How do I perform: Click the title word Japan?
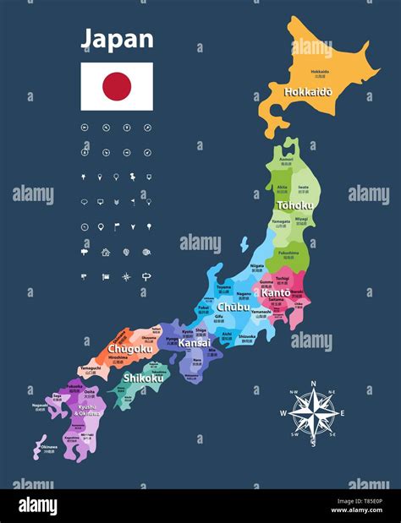click(x=117, y=39)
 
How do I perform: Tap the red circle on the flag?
click(x=117, y=85)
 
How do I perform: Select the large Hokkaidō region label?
click(x=308, y=91)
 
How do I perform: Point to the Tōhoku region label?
click(x=294, y=205)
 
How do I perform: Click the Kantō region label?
click(x=275, y=292)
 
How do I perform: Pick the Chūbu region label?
click(x=233, y=308)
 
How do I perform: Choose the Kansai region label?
click(x=194, y=343)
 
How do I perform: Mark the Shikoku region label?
click(x=143, y=378)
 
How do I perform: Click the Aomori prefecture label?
click(x=286, y=159)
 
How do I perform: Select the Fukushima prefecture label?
click(x=288, y=252)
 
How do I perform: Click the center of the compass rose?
click(x=314, y=411)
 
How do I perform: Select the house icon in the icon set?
click(x=105, y=252)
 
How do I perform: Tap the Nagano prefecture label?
click(x=243, y=294)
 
